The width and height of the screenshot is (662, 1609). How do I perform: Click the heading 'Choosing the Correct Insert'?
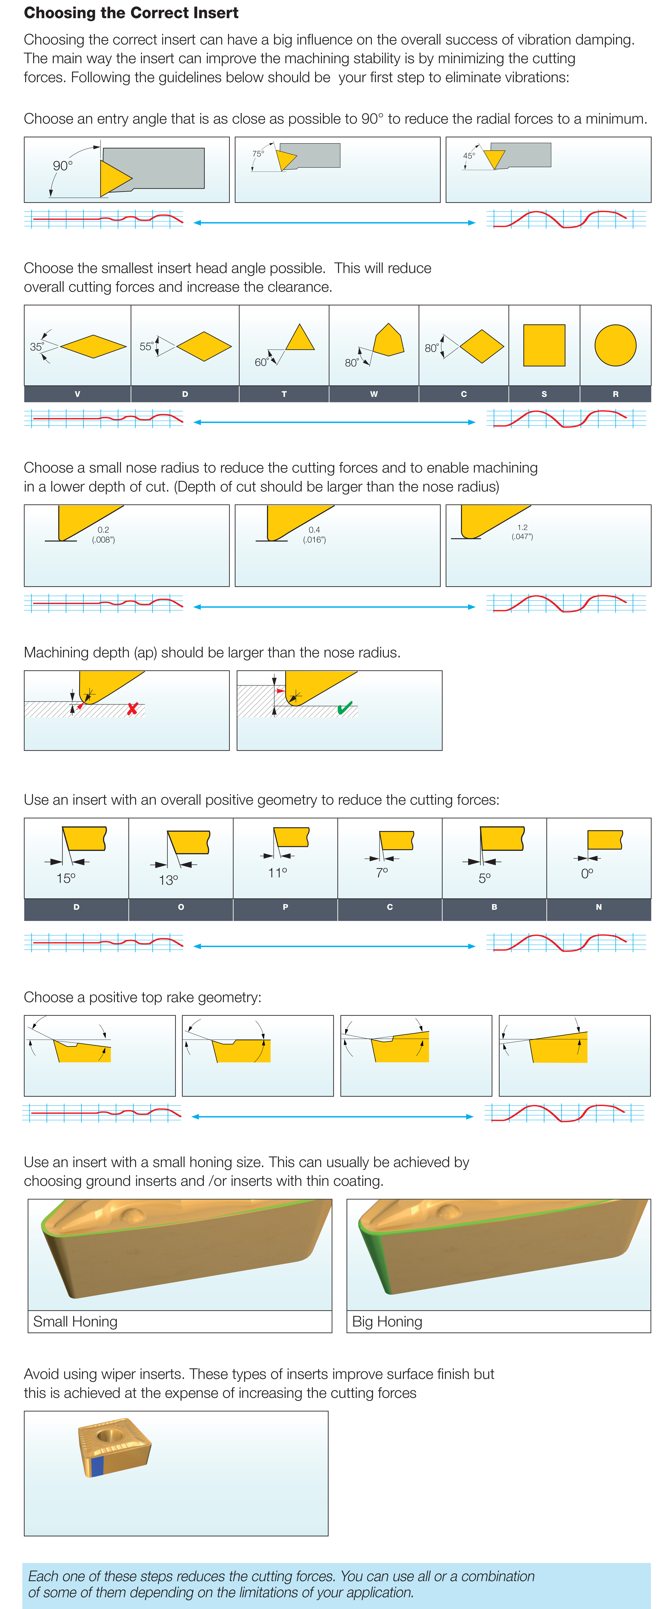(x=131, y=13)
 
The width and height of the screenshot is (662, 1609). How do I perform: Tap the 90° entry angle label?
(x=62, y=165)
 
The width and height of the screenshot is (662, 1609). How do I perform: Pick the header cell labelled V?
(x=77, y=394)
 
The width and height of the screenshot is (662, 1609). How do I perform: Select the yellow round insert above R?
(x=615, y=345)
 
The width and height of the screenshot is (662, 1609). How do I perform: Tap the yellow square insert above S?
(x=544, y=345)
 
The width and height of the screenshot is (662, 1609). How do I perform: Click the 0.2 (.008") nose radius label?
(x=103, y=535)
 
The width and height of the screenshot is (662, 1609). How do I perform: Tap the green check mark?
(x=345, y=708)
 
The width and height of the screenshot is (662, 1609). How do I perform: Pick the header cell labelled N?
(x=598, y=907)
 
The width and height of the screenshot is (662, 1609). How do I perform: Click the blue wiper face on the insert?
(x=97, y=1466)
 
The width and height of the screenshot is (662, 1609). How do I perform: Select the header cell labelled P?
(x=285, y=907)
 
